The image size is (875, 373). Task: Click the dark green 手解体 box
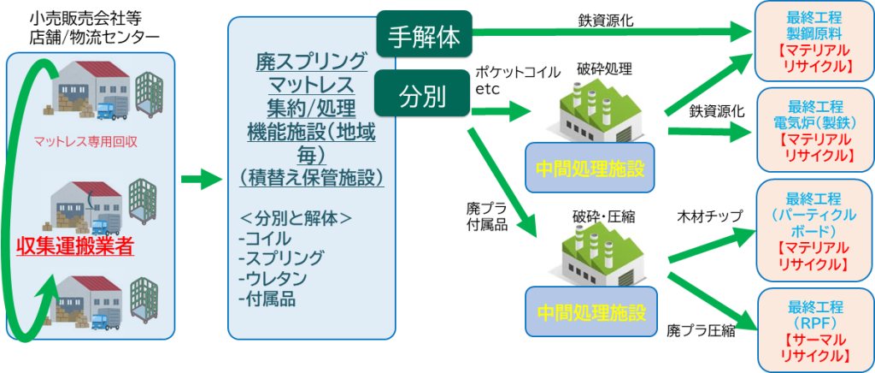(424, 36)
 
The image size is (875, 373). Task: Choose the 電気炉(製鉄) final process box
(814, 127)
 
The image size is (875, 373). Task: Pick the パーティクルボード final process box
(814, 231)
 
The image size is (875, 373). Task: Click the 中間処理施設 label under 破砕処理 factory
(590, 168)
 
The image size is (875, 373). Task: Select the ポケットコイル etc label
(517, 80)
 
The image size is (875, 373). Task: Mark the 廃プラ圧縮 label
(701, 331)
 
